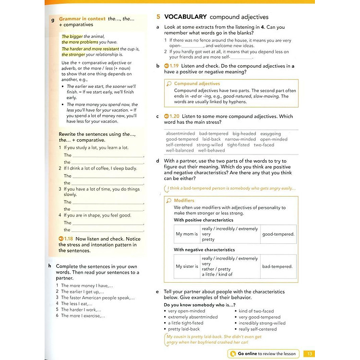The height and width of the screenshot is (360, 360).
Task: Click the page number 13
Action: point(310,354)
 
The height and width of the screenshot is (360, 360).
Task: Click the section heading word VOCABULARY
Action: point(183,16)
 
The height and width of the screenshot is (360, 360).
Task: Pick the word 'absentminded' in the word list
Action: point(180,134)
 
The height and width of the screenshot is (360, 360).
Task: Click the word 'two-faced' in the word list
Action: point(264,144)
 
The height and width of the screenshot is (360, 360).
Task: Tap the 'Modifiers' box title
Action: point(184,201)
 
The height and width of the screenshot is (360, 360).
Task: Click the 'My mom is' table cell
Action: point(187,234)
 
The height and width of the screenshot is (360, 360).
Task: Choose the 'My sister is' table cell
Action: point(187,266)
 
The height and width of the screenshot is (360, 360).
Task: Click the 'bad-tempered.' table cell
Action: point(277,266)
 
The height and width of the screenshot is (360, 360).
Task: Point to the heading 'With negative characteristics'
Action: point(204,250)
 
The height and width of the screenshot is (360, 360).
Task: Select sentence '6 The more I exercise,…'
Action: point(83,316)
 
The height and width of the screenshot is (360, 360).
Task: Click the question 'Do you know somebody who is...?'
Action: point(199,305)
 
